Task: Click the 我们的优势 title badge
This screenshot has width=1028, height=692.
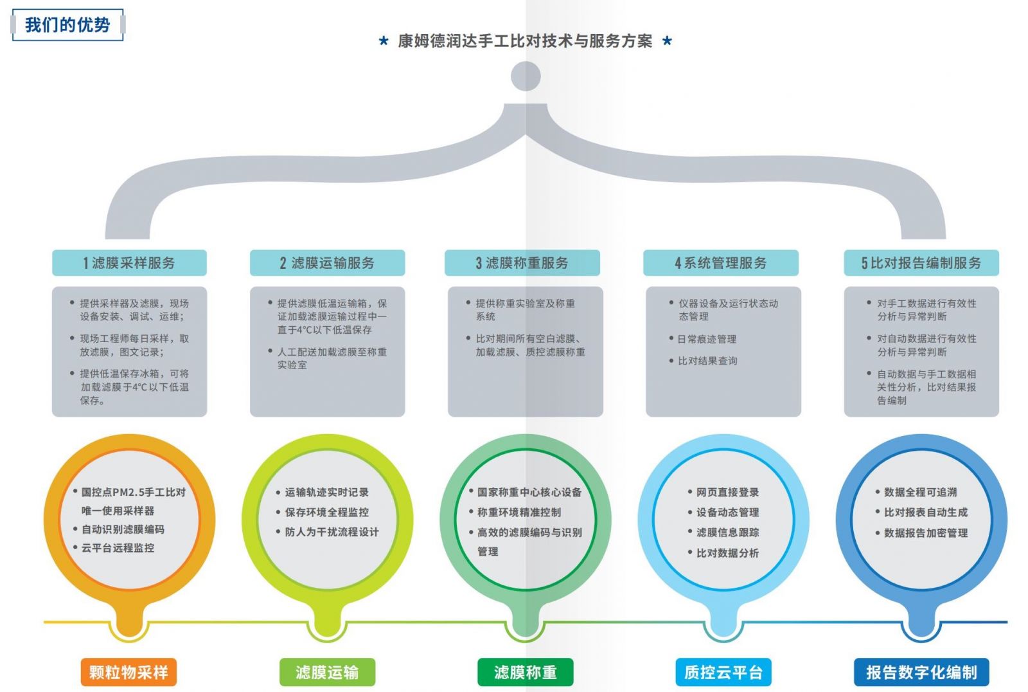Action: click(67, 26)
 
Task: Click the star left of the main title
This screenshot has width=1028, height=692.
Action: click(384, 42)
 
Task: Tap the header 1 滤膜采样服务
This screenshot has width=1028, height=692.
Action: click(129, 263)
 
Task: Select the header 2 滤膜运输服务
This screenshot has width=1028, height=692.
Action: click(327, 263)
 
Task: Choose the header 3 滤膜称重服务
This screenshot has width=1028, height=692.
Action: click(522, 263)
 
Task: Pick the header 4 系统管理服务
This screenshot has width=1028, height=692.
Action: click(720, 263)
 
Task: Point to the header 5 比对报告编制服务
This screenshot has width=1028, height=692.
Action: click(921, 263)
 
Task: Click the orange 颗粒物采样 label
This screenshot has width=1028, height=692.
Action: click(128, 673)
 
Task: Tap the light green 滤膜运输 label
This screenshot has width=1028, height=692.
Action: click(327, 673)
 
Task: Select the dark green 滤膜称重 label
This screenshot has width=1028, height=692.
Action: click(525, 673)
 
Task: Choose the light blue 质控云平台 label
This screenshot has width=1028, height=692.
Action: click(723, 673)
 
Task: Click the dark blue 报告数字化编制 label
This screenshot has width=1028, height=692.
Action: click(921, 673)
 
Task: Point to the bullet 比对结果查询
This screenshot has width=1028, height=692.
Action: click(707, 361)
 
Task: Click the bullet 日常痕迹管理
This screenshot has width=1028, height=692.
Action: click(707, 339)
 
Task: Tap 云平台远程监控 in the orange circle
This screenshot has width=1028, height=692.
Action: click(118, 548)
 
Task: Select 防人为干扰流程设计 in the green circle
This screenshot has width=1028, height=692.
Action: click(332, 532)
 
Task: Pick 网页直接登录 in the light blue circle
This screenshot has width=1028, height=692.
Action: click(727, 492)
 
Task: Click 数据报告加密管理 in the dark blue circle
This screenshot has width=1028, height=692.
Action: click(925, 533)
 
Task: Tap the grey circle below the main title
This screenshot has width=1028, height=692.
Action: click(526, 77)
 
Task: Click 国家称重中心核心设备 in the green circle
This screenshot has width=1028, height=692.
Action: click(529, 492)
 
